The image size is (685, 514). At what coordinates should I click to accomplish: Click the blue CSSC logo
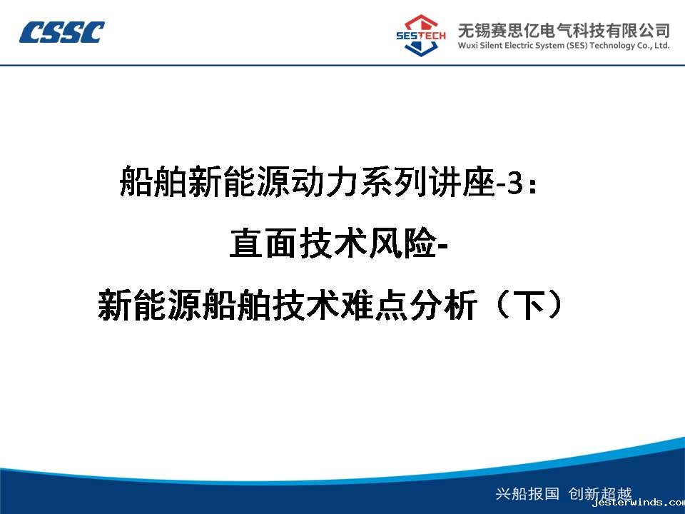pos(61,32)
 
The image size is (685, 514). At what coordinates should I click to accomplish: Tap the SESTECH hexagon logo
pos(420,36)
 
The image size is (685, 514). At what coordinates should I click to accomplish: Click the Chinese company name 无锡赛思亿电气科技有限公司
pos(564,30)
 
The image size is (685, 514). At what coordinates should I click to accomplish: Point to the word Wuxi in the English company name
pos(467,46)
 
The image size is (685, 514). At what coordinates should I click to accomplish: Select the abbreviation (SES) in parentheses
pos(577,46)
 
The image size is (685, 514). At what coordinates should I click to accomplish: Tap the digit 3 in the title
pos(515,183)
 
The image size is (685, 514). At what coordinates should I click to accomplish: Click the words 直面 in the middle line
pos(263,243)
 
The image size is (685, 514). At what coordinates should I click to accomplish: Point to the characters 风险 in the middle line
pos(402,243)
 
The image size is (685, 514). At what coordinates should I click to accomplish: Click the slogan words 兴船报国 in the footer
pos(527,493)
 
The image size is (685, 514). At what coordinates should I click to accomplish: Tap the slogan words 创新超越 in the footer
pos(600,493)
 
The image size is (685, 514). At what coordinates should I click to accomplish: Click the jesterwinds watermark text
pos(638,503)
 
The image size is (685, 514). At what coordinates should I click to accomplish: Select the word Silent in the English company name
pos(491,46)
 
